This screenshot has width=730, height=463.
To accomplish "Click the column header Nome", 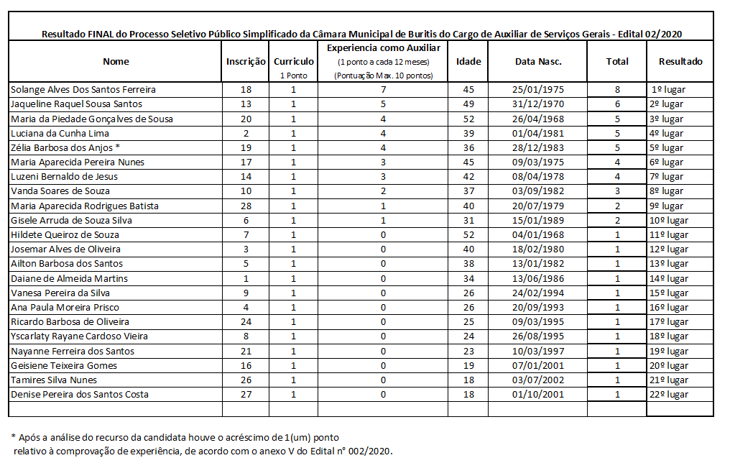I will pos(116,62).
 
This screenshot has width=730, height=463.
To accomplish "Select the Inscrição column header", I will pos(246,62).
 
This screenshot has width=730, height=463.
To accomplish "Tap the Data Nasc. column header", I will pos(537,62).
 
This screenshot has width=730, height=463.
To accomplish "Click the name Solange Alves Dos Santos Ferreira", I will pos(83,90).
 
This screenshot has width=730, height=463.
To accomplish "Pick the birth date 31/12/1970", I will pos(537,104).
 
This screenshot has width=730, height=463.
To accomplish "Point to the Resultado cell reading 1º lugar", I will pos(667,90).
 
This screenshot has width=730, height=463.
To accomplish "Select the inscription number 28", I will pos(246,206).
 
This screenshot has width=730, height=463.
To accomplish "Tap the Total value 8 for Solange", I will pos(617,90).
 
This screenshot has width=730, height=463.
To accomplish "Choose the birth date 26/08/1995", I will pos(537,336).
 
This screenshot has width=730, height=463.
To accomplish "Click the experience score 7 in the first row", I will pos(384,90).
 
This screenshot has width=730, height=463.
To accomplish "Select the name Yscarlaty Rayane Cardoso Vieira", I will pos(79,336).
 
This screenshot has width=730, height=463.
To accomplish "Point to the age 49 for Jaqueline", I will pos(468,104).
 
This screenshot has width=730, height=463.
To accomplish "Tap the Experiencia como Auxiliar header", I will pos(384,47).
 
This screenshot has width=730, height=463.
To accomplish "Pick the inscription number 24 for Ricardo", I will pos(246,321).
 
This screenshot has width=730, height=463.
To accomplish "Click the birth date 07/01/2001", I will pos(537,365).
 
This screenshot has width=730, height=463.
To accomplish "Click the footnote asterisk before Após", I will pos(13,437).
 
